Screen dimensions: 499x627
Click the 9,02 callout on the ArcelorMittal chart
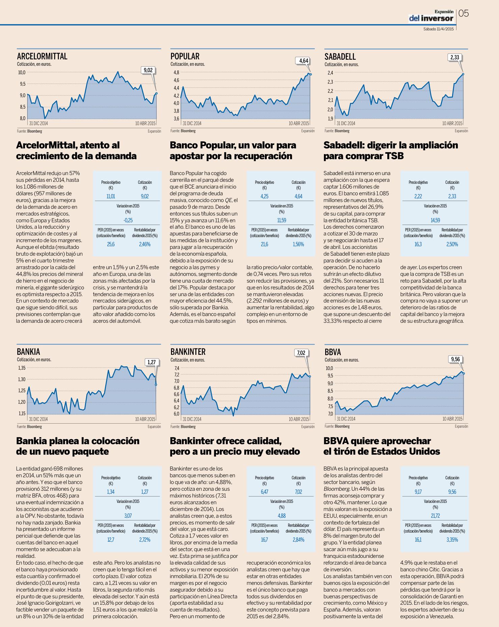(148, 70)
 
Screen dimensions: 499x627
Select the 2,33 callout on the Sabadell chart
(454, 57)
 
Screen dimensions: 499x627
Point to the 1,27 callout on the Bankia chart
(152, 363)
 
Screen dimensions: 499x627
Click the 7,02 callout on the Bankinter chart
(301, 353)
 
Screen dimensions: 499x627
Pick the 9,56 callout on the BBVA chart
(455, 359)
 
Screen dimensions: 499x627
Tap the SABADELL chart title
(340, 56)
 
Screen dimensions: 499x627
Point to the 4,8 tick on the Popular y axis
(176, 73)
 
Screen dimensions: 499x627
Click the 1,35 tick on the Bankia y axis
(22, 368)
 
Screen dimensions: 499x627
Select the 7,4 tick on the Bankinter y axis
(176, 368)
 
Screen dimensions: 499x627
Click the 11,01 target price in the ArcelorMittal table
(111, 196)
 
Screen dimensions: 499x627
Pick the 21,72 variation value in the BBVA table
(435, 516)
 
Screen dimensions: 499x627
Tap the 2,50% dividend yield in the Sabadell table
(452, 244)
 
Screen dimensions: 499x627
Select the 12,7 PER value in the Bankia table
(111, 540)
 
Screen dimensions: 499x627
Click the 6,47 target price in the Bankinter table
(265, 492)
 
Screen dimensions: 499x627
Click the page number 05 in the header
(464, 13)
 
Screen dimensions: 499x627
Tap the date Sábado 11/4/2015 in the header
(439, 29)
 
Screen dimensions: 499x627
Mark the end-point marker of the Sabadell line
(463, 74)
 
